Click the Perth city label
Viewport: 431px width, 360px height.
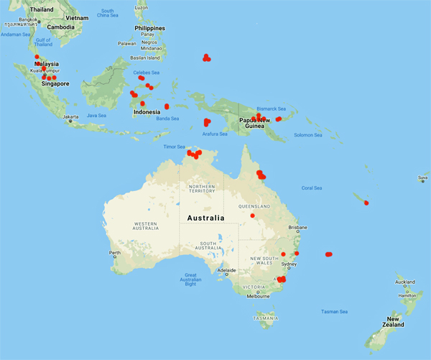pos(115,253)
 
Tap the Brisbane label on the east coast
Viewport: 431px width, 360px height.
pos(297,227)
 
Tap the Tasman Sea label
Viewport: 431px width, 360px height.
pos(334,311)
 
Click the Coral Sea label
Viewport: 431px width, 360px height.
pos(312,188)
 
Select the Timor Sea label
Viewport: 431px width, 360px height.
pos(175,147)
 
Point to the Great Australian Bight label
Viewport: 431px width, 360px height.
pos(190,280)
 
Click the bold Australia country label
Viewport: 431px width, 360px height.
pos(205,218)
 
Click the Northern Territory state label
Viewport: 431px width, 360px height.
pos(201,188)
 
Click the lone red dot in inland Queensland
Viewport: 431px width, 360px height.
pos(252,216)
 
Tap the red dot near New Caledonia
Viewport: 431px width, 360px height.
pos(366,203)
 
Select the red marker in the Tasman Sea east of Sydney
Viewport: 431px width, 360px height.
pos(329,254)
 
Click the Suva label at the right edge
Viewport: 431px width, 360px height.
pos(424,177)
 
